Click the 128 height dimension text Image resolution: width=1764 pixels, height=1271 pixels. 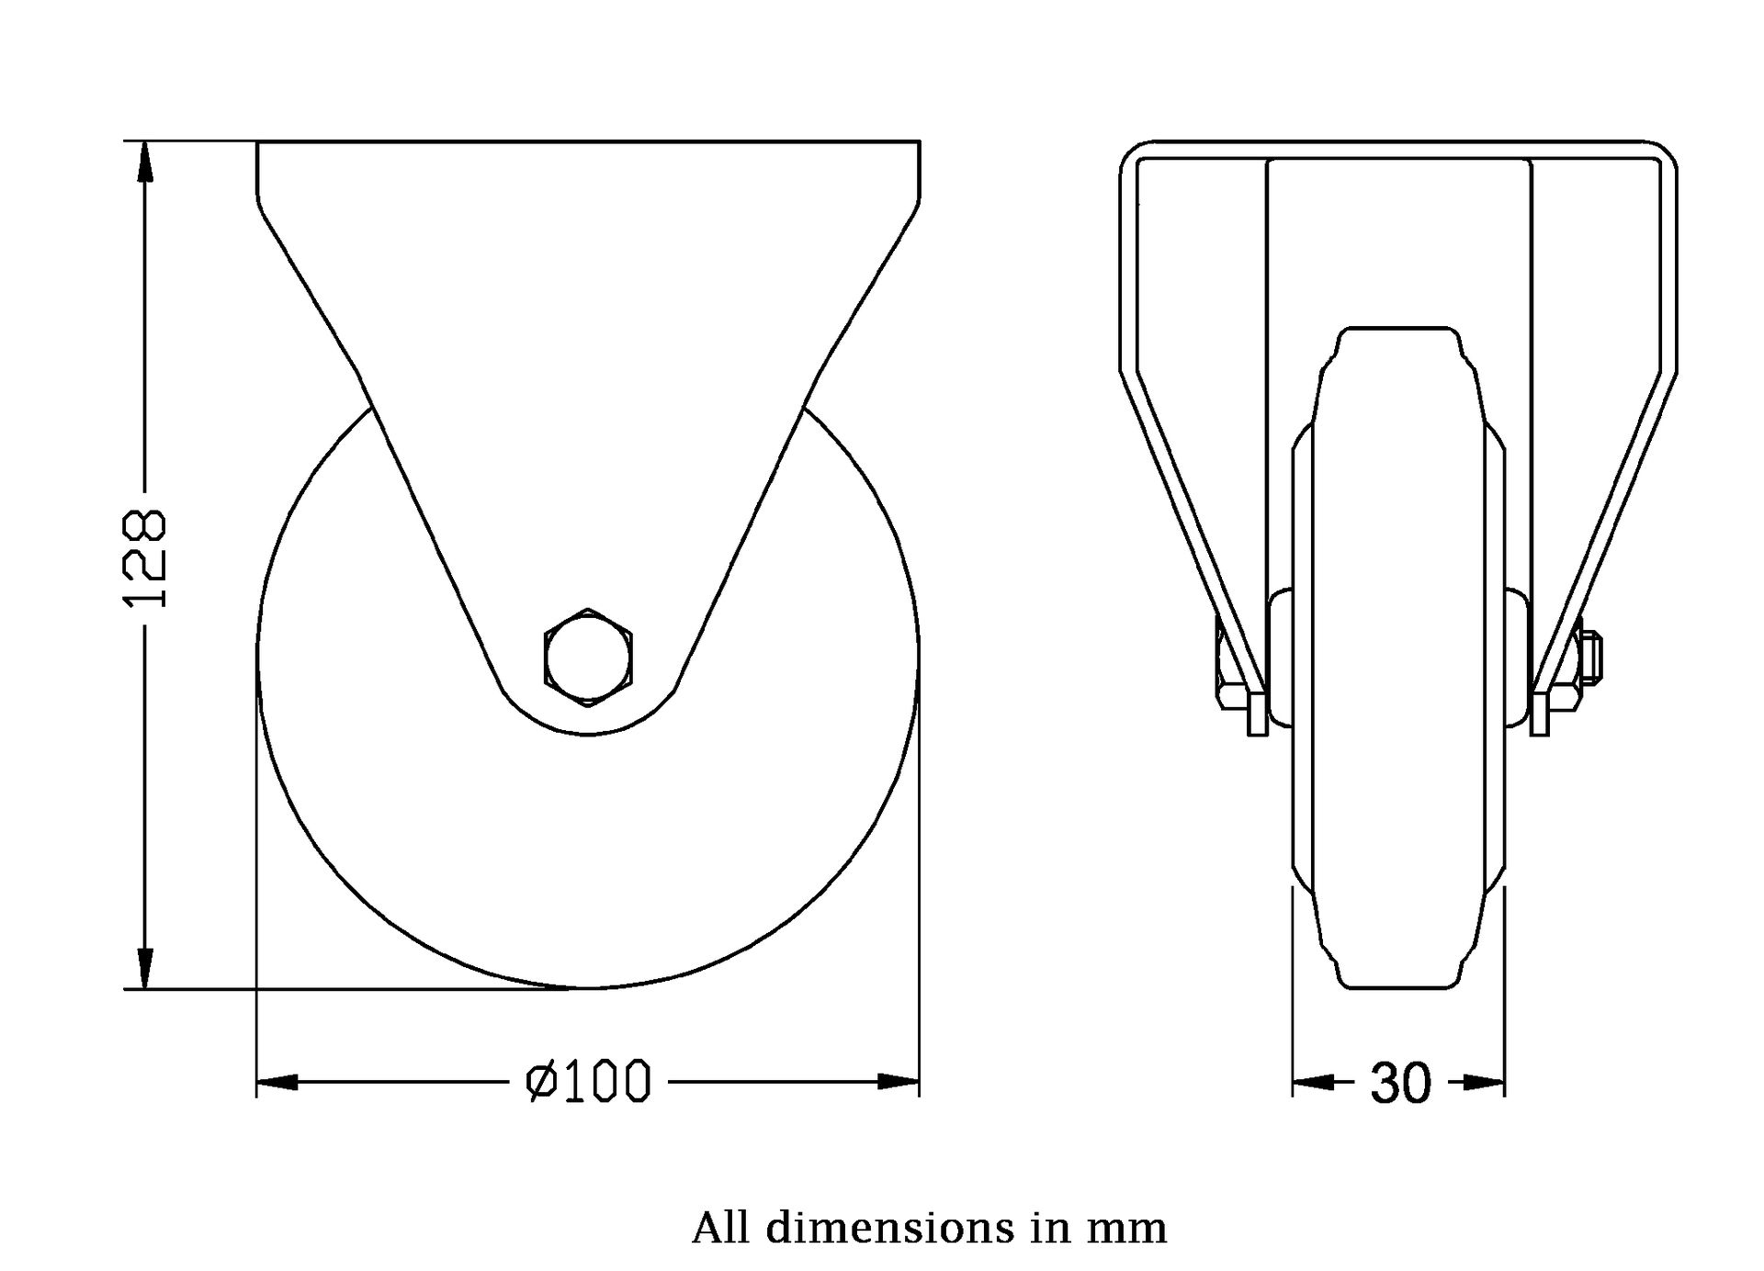point(145,557)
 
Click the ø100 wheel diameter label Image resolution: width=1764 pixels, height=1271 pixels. point(588,1081)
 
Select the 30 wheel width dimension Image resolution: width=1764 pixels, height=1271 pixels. point(1400,1083)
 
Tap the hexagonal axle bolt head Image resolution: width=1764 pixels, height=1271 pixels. point(588,657)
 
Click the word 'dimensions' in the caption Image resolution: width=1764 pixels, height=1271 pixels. point(890,1228)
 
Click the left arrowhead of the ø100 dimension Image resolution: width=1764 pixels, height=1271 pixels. point(277,1082)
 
